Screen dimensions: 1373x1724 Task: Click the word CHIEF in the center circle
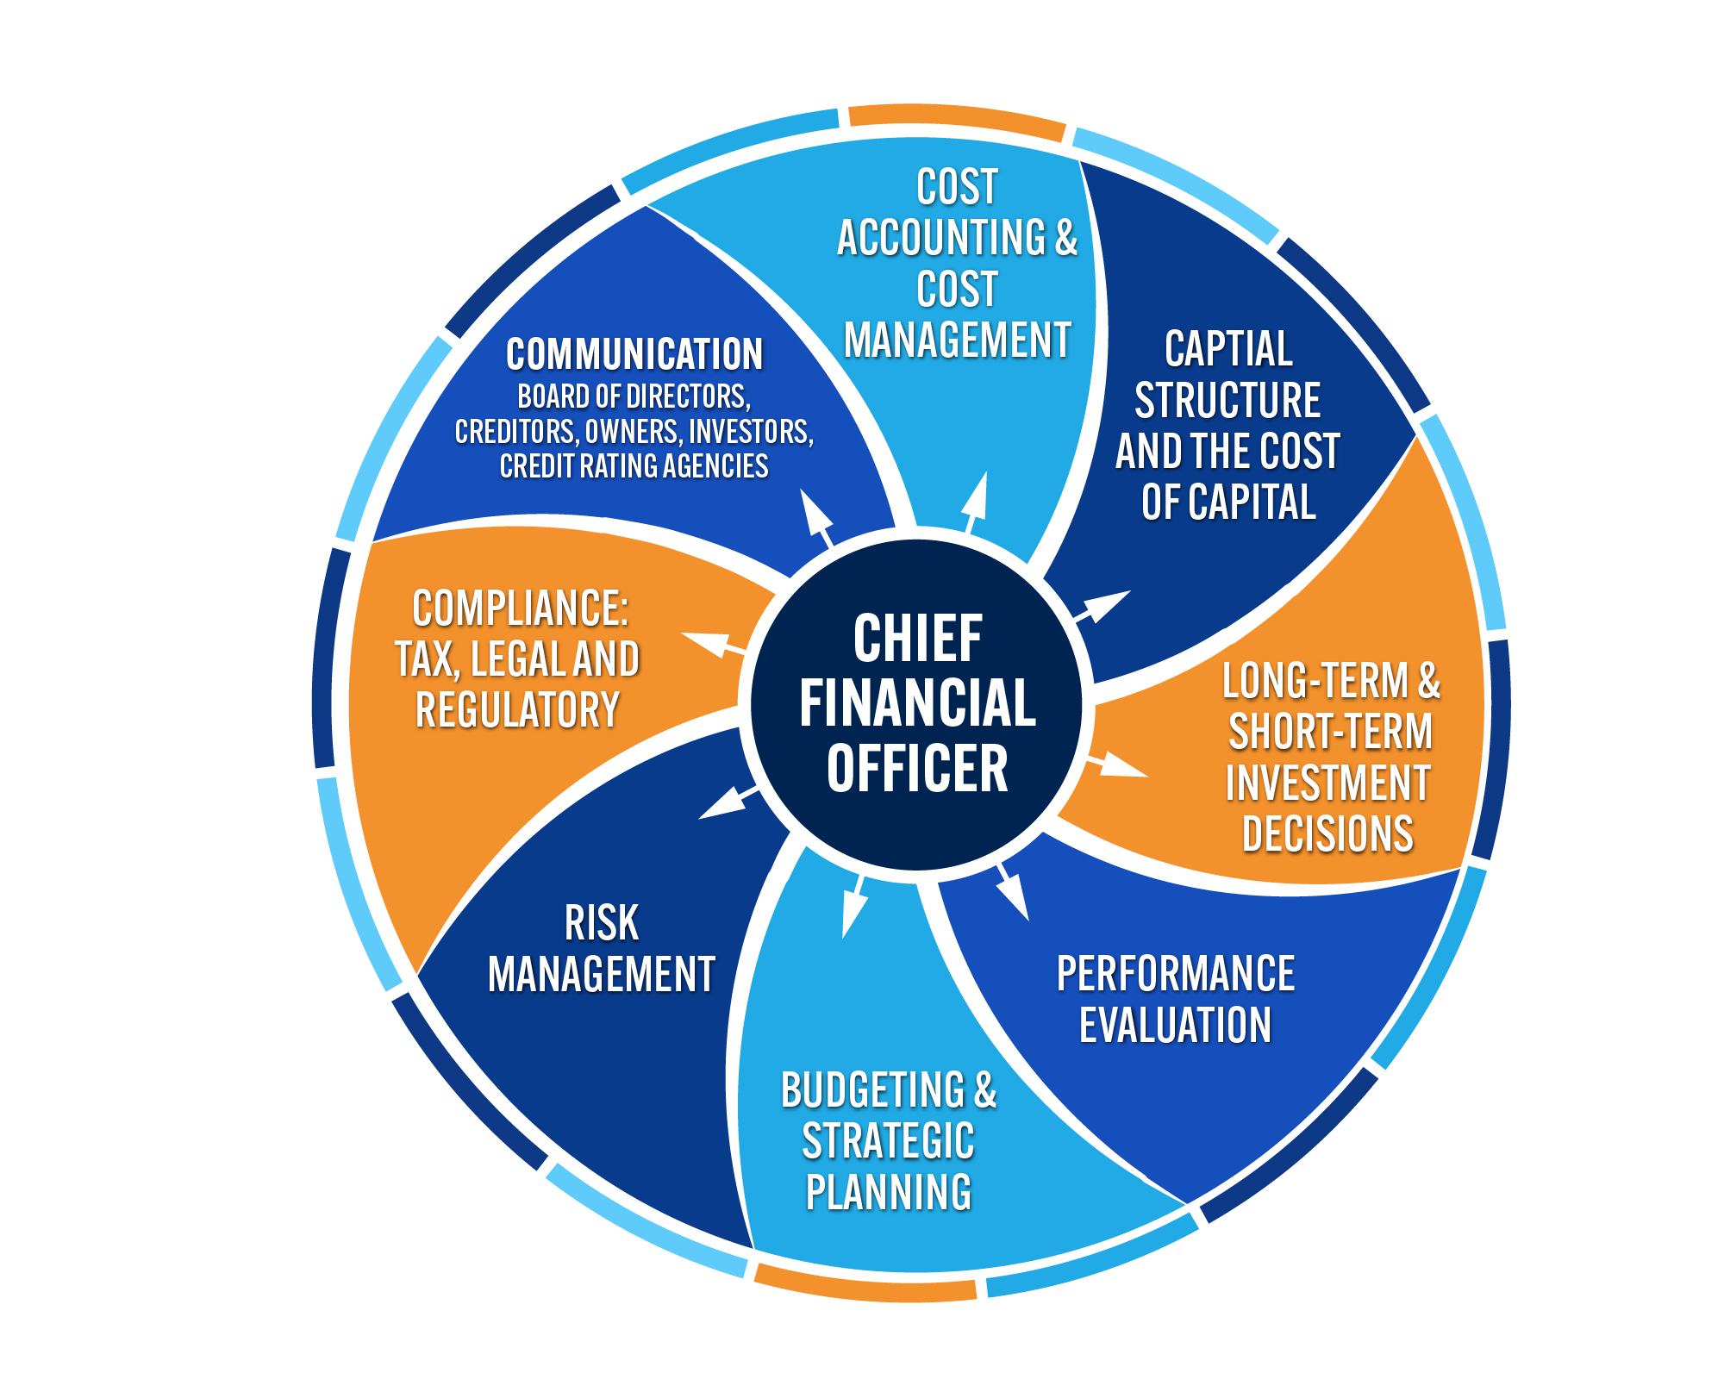tap(917, 639)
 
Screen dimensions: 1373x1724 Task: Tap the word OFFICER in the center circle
tap(917, 769)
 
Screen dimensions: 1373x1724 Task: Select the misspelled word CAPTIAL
tap(1228, 350)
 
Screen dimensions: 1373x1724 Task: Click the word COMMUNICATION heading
tap(634, 354)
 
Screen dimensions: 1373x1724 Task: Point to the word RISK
tap(602, 923)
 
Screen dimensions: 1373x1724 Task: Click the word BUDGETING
tap(872, 1090)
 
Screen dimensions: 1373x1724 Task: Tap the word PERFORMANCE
tap(1176, 974)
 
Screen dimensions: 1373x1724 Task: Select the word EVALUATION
tap(1176, 1026)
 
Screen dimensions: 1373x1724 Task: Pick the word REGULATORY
tap(517, 710)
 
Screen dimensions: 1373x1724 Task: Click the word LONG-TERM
tap(1315, 681)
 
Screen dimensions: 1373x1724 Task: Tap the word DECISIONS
tap(1327, 834)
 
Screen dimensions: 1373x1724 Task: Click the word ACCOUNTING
tap(941, 238)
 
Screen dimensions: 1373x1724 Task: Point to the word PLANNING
tap(889, 1193)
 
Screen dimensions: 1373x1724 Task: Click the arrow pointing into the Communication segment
tap(815, 518)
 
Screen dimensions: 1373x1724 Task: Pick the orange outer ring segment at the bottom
tap(866, 1285)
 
